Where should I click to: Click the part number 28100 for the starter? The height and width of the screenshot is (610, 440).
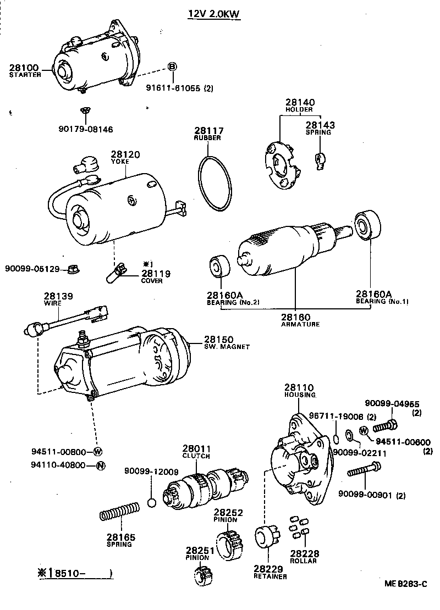[24, 68]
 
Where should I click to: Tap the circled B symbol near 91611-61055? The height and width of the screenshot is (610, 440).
[172, 66]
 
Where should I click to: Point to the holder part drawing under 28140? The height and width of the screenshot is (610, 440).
[280, 164]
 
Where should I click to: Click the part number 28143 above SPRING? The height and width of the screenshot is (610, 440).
[320, 125]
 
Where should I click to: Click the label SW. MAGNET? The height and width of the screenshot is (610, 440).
[227, 347]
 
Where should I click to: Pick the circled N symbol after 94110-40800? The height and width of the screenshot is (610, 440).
[100, 465]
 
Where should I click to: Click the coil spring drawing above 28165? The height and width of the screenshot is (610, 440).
[120, 515]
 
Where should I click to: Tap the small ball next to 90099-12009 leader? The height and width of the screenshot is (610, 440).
[152, 503]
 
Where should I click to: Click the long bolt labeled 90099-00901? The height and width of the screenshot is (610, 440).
[364, 470]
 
